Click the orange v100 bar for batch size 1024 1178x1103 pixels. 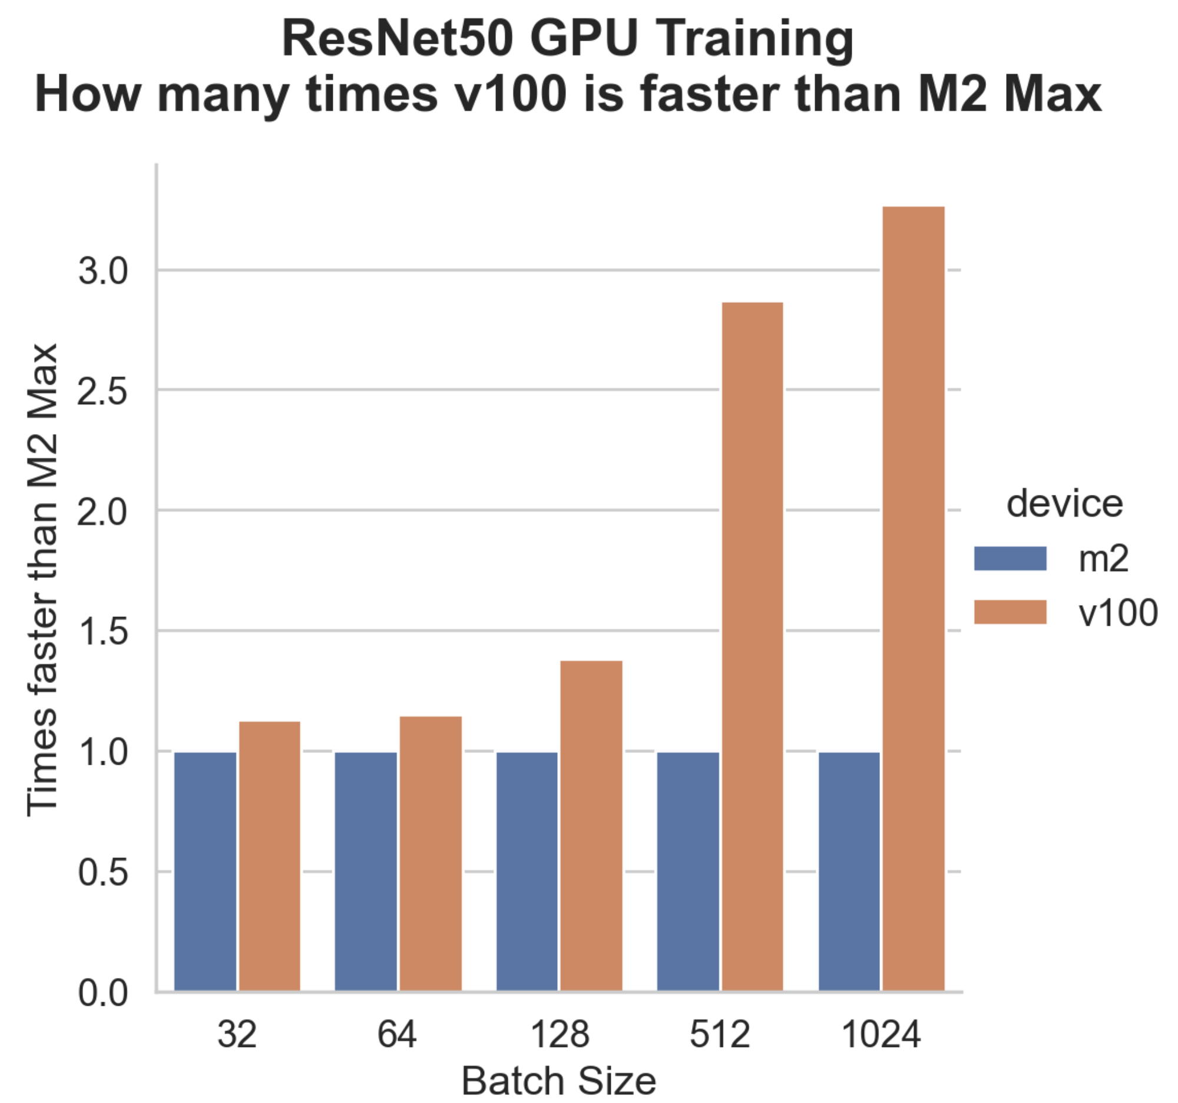coord(913,599)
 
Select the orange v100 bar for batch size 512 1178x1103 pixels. coord(752,646)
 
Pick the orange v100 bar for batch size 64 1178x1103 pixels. coord(430,854)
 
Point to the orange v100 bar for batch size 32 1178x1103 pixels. coord(269,856)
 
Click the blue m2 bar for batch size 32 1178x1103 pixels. coord(205,871)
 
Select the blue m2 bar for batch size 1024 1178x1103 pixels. coord(849,871)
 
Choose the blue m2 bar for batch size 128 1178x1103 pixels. coord(527,871)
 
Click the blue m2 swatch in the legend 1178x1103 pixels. coord(1010,559)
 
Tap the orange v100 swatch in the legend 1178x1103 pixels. coord(1010,612)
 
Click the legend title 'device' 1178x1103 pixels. coord(1064,504)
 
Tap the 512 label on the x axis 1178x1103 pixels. coord(719,1035)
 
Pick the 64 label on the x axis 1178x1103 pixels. coord(397,1035)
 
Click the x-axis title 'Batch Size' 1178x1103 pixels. coord(558,1081)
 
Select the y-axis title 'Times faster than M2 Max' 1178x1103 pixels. coord(42,580)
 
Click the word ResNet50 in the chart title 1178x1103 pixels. coord(397,39)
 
